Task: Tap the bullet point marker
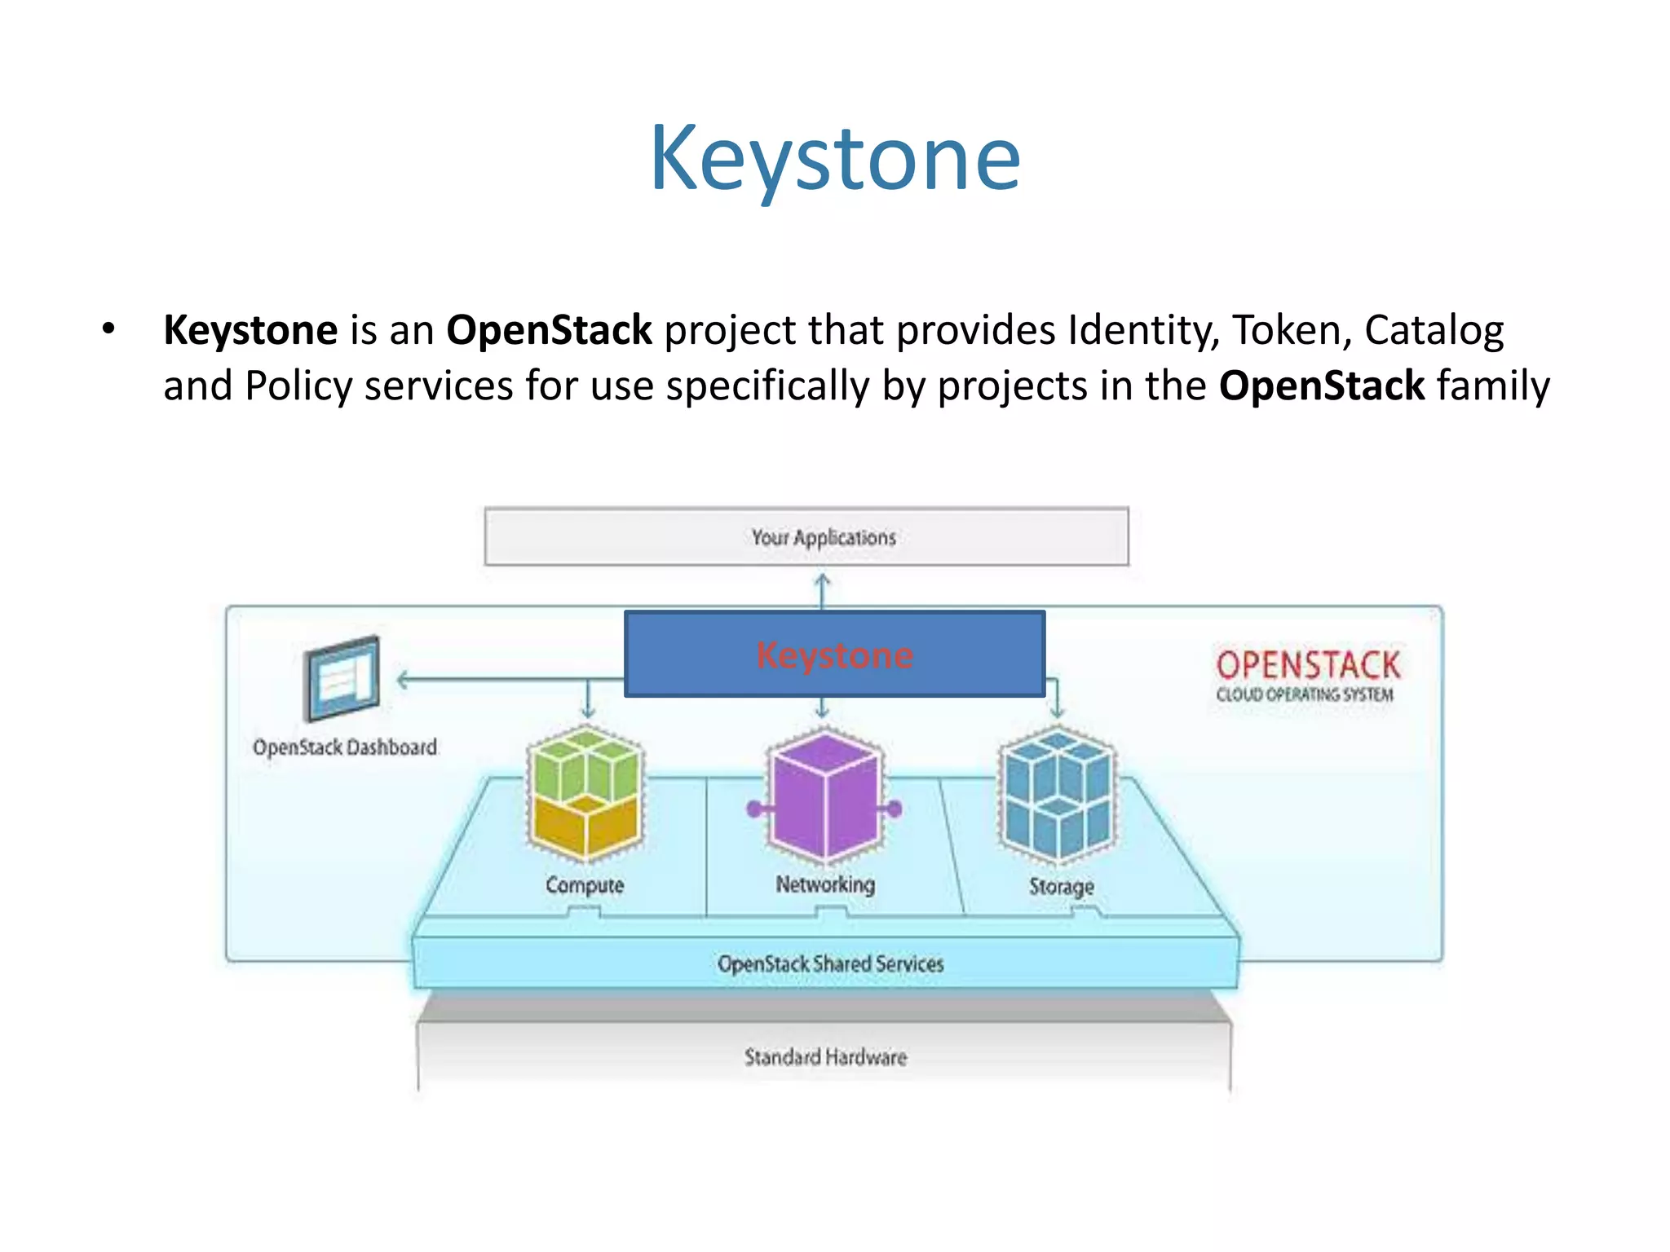[108, 330]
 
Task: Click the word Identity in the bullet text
[1143, 331]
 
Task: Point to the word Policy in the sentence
[298, 386]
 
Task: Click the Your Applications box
[806, 536]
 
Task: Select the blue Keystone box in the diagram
[834, 655]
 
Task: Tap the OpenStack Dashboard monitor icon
[342, 678]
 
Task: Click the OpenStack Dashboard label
[344, 747]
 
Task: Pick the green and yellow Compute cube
[585, 794]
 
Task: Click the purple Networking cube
[825, 796]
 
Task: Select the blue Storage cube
[1058, 796]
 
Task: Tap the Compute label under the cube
[585, 885]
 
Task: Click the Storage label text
[1061, 886]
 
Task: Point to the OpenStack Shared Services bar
[829, 963]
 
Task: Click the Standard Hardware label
[825, 1057]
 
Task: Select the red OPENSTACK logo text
[1308, 665]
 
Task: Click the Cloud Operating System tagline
[1305, 695]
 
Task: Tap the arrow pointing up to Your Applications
[823, 589]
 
